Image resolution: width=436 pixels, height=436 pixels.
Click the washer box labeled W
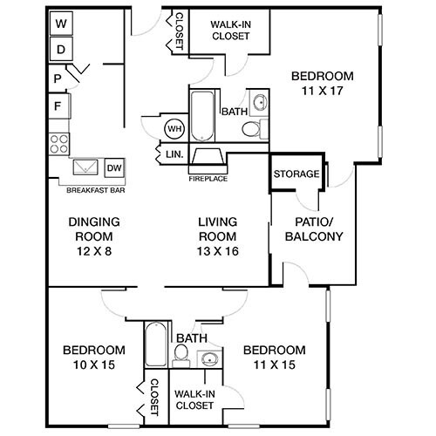click(x=61, y=24)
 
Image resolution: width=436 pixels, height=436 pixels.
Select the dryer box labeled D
click(x=61, y=49)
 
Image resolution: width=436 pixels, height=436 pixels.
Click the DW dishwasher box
click(x=113, y=167)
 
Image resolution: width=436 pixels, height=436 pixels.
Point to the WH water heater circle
click(x=174, y=129)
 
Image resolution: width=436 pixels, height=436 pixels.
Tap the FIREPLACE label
click(x=208, y=179)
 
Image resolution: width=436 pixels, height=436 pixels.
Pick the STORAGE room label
click(x=296, y=174)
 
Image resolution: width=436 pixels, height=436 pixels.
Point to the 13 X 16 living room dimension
click(x=218, y=251)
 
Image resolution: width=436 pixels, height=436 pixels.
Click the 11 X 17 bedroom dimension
click(x=323, y=90)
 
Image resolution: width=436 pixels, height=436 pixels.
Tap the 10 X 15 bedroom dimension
click(x=93, y=364)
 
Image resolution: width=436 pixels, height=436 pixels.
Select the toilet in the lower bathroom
click(x=181, y=354)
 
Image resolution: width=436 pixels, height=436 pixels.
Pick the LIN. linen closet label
click(x=173, y=154)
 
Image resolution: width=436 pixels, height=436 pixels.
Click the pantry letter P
click(x=58, y=78)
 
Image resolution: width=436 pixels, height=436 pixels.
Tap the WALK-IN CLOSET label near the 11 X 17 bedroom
click(x=229, y=29)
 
